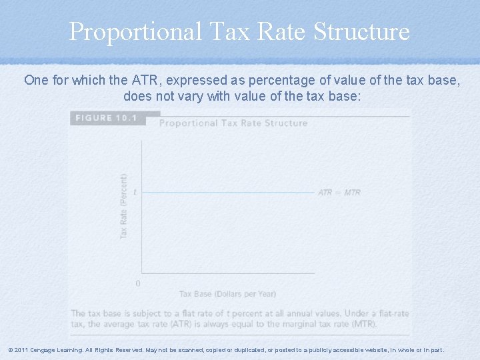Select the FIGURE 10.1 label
click(106, 118)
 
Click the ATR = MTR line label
click(339, 193)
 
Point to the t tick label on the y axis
click(135, 192)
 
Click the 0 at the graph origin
click(138, 283)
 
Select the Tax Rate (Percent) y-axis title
click(124, 207)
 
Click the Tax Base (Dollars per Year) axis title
click(227, 294)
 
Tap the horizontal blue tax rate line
click(227, 193)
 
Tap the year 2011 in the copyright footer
click(21, 350)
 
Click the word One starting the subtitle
click(35, 81)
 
